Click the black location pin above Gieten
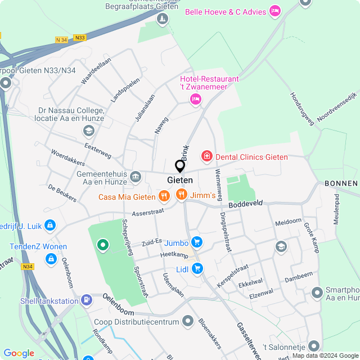pos(180,166)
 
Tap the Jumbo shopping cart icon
pos(196,242)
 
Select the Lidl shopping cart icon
pos(197,269)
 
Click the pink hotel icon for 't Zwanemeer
pos(195,99)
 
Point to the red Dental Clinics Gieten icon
pos(207,156)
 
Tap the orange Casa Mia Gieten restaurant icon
pos(164,196)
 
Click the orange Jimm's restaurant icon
pos(181,195)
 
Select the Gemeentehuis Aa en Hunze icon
pos(135,177)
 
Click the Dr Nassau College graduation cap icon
pos(88,131)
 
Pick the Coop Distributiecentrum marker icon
pos(188,321)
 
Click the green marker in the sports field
pos(102,245)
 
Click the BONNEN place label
pos(341,184)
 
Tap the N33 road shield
pos(80,38)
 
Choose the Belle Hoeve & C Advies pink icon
pos(275,10)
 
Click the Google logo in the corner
pos(19,353)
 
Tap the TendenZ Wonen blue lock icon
pos(51,259)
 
